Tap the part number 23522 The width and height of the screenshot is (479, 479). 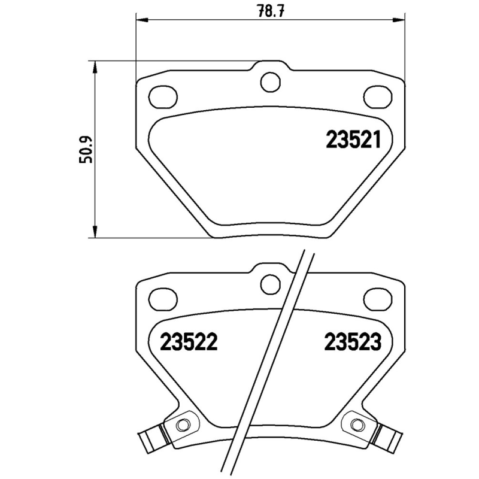click(x=187, y=342)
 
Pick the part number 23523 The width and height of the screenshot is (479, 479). click(x=353, y=342)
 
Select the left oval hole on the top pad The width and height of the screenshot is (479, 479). click(x=162, y=95)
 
